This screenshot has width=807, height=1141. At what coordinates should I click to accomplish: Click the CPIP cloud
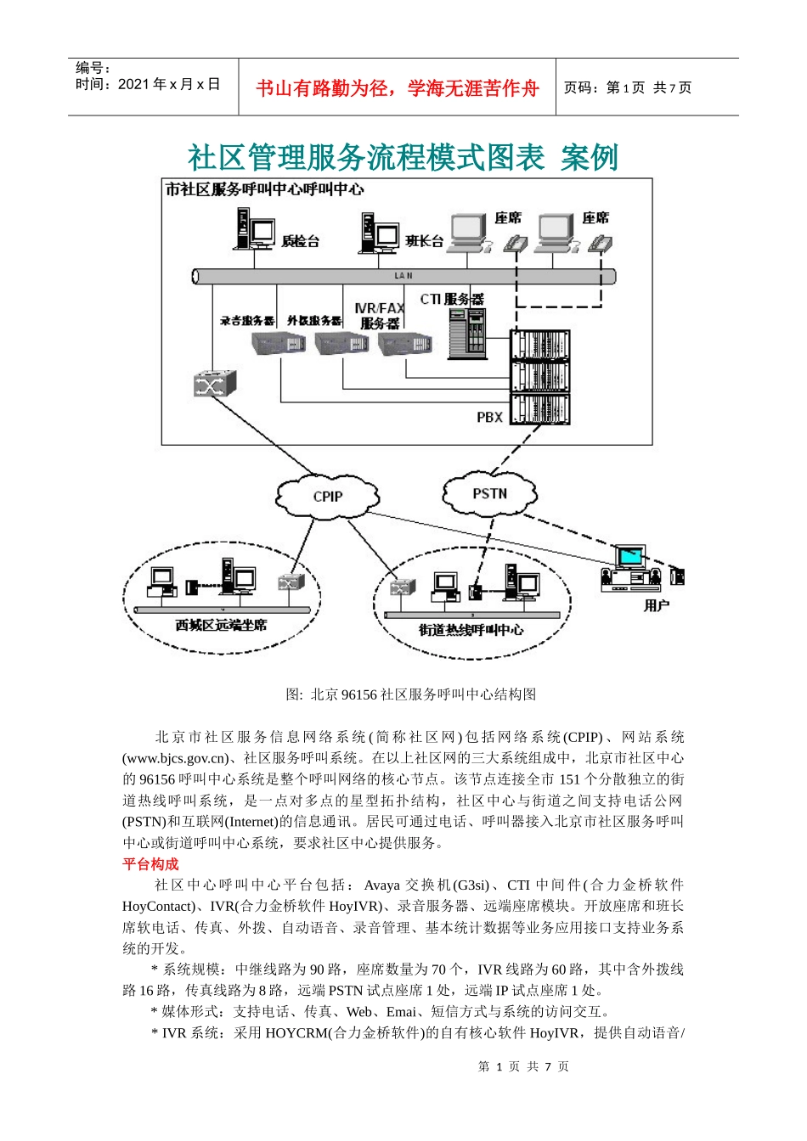(x=327, y=496)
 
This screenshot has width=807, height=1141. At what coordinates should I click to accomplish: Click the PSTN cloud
(x=489, y=493)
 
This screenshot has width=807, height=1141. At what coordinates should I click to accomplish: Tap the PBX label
(x=489, y=417)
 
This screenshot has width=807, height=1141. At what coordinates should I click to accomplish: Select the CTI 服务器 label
(x=451, y=299)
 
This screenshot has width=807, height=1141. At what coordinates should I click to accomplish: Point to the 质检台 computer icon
(x=254, y=229)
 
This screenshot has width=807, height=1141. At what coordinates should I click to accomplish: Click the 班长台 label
(x=424, y=241)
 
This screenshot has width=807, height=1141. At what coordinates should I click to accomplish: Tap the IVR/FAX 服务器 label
(x=379, y=316)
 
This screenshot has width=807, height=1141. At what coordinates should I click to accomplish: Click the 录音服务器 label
(x=247, y=321)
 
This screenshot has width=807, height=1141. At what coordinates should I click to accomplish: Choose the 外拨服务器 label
(x=314, y=321)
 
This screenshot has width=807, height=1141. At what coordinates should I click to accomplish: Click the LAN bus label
(x=403, y=276)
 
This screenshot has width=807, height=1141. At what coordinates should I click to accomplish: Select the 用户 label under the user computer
(x=656, y=605)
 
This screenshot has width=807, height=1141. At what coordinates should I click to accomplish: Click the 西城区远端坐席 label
(x=221, y=625)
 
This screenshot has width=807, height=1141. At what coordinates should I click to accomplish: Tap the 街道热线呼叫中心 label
(x=471, y=629)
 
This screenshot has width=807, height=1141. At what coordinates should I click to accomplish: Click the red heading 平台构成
(x=150, y=863)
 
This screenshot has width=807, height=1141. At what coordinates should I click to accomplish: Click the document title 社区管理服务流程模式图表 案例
(x=403, y=157)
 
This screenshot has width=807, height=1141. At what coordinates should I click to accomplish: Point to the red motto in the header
(x=397, y=87)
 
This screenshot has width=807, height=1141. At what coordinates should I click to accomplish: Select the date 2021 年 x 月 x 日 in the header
(x=169, y=84)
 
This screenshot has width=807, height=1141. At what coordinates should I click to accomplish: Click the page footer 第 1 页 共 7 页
(x=523, y=1066)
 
